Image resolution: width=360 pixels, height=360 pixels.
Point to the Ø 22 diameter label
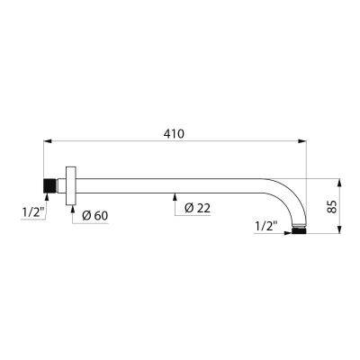(196, 208)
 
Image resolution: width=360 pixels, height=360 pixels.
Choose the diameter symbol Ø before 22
(190, 208)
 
